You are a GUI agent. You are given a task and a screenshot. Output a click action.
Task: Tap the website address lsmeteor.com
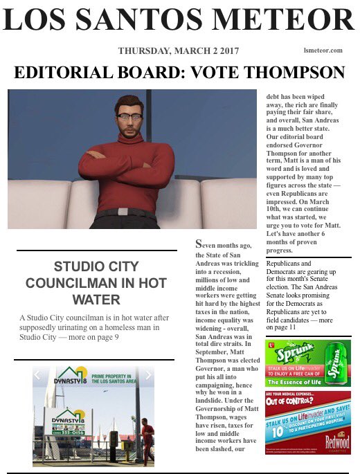point(323,51)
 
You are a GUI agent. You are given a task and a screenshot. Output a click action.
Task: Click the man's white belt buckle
point(124,211)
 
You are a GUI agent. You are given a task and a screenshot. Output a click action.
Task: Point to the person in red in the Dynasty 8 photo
point(147,440)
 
